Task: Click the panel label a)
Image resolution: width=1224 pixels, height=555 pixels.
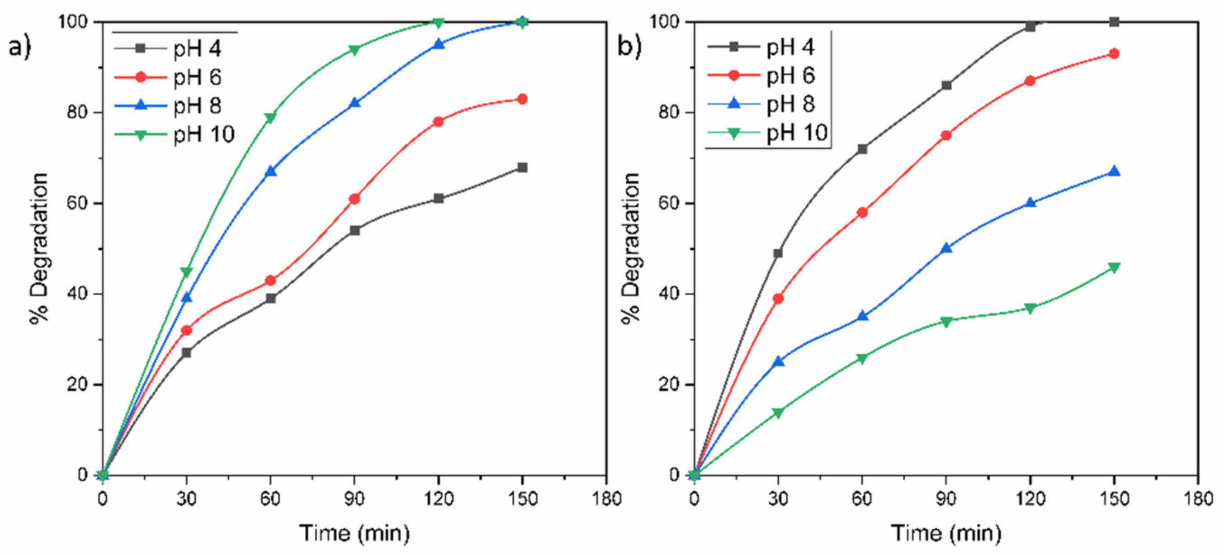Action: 20,47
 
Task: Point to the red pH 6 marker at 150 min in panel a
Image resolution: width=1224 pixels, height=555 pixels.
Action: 522,100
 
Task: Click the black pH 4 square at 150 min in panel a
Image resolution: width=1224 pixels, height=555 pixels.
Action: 522,167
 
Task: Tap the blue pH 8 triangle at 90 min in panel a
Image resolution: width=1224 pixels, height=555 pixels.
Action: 354,103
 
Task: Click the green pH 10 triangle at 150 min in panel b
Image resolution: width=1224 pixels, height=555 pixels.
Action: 1113,267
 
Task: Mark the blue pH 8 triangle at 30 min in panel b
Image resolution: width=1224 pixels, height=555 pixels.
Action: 778,361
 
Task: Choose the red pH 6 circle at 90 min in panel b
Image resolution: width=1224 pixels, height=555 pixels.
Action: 946,135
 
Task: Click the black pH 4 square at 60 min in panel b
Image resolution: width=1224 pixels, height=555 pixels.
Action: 862,149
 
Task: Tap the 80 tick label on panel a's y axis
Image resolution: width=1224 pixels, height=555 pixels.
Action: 77,113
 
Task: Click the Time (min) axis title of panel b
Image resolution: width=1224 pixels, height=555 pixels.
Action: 945,533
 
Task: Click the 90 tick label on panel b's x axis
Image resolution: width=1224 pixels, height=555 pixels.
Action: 946,499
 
